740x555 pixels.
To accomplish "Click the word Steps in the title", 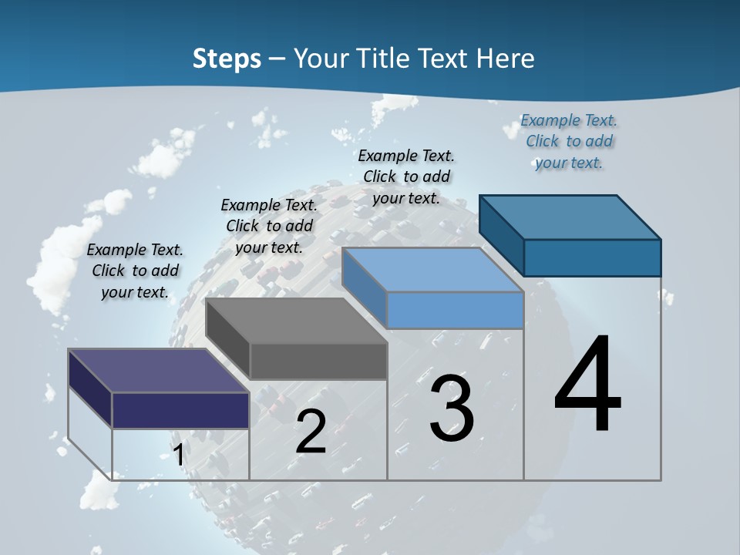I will (227, 59).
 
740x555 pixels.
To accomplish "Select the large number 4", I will (588, 385).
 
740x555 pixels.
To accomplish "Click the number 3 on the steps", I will (452, 408).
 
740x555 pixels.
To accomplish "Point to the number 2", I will (311, 432).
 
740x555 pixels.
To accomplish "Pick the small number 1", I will (178, 455).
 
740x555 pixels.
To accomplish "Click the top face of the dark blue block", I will (570, 217).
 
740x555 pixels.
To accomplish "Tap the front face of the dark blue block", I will (592, 257).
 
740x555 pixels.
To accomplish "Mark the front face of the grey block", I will (318, 361).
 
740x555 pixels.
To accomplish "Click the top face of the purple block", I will (159, 371).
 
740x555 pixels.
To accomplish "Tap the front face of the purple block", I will (180, 410).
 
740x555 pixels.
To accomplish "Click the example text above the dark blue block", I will (569, 141).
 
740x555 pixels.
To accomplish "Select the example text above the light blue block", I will (406, 177).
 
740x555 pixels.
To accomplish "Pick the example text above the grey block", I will (269, 226).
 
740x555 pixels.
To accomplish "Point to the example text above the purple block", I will (135, 271).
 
